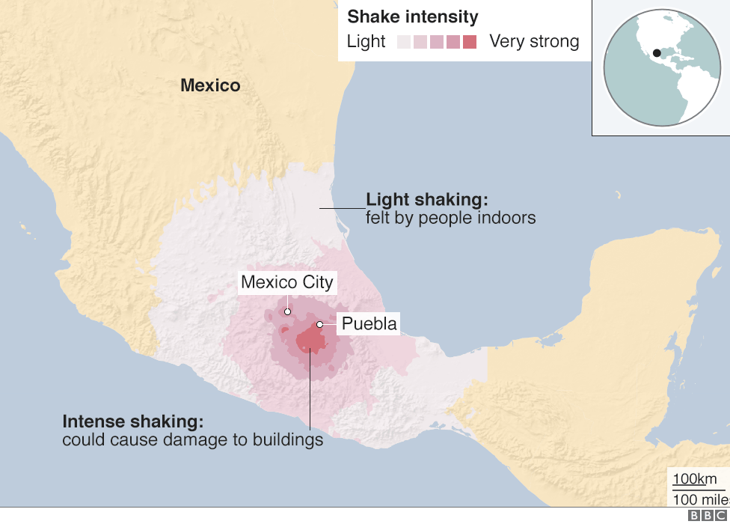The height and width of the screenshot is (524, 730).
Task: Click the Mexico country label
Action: click(x=210, y=85)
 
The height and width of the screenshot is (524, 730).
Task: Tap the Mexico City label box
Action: click(x=287, y=283)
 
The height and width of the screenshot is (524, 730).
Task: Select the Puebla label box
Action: click(x=367, y=324)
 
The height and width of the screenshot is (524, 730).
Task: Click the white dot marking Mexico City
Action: click(x=287, y=311)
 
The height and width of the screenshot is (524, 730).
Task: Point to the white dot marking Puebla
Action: click(x=319, y=324)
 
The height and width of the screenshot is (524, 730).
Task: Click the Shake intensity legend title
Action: click(x=412, y=16)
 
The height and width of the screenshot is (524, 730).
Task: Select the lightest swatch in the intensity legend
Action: click(x=404, y=42)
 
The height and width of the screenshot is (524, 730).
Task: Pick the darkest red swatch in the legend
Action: click(x=469, y=42)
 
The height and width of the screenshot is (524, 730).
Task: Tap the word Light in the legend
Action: click(x=366, y=41)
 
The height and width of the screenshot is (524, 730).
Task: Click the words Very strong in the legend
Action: click(x=534, y=41)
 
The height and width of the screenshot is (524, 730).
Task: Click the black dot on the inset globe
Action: click(x=656, y=53)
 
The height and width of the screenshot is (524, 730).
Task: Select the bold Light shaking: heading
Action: click(x=426, y=200)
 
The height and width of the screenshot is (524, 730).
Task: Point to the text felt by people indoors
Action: click(x=450, y=218)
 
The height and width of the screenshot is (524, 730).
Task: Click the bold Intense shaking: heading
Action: click(x=132, y=421)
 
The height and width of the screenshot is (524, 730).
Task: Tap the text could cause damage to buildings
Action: click(x=192, y=439)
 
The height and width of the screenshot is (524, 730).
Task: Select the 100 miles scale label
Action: click(x=700, y=499)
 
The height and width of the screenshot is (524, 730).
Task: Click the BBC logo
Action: click(x=706, y=516)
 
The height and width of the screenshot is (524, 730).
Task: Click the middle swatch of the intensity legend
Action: click(x=437, y=42)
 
